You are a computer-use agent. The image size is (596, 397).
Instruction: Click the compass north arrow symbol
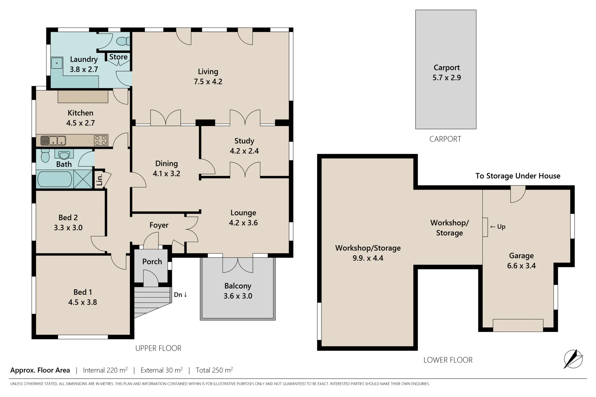tap(573, 358)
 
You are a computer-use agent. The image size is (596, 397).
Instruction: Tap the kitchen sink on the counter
tap(53, 140)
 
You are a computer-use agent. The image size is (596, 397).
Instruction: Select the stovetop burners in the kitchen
tap(100, 140)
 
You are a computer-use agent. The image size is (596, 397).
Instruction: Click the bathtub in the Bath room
tap(55, 179)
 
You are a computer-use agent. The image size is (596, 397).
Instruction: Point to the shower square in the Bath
tap(83, 179)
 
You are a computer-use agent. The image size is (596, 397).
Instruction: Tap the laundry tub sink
tap(57, 63)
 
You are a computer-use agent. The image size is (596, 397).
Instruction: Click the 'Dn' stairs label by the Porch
tap(180, 294)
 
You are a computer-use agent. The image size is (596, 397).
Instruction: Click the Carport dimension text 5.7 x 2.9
tap(447, 78)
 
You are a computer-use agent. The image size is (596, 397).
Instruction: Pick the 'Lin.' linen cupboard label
tap(99, 180)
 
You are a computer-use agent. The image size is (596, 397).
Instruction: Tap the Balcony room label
tap(238, 286)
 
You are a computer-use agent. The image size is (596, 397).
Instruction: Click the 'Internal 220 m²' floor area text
tap(105, 370)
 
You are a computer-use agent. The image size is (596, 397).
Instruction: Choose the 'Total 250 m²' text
tap(214, 370)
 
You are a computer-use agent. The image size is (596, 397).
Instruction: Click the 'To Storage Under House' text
tap(518, 176)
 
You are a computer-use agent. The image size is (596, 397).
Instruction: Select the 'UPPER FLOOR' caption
tap(158, 348)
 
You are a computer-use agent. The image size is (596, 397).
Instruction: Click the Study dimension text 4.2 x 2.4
tap(244, 151)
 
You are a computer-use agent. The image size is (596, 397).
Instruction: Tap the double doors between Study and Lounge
tap(245, 171)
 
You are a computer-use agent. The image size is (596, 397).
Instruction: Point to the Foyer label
tap(159, 225)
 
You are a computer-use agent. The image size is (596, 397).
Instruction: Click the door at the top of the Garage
tap(518, 194)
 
